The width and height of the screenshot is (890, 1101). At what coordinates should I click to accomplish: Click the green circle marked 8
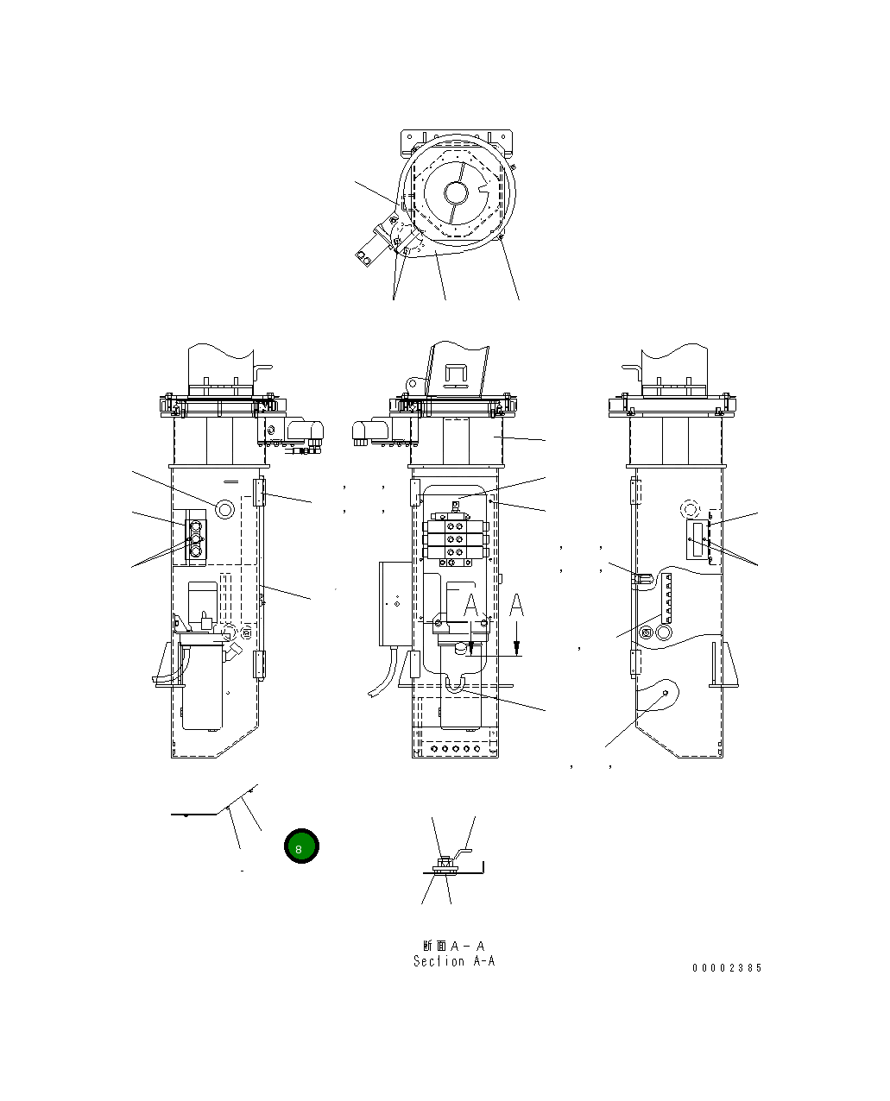click(x=301, y=847)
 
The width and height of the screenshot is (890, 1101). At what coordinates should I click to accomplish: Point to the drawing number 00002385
click(x=727, y=968)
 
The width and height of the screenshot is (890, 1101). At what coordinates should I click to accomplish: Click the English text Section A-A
click(x=454, y=961)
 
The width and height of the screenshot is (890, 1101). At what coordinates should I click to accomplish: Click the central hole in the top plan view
click(x=456, y=191)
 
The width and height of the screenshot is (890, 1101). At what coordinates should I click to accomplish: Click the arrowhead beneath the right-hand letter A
click(x=516, y=651)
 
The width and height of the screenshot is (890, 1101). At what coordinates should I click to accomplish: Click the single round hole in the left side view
click(x=224, y=509)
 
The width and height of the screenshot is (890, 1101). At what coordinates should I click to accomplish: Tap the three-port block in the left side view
click(x=195, y=541)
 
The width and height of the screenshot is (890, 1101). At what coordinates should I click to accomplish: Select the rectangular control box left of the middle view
click(x=395, y=603)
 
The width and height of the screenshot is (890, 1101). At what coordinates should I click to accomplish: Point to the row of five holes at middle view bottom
click(x=455, y=749)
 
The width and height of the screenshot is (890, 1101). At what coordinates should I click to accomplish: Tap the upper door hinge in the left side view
click(x=258, y=494)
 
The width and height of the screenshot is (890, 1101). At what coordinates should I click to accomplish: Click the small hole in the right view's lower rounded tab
click(x=665, y=693)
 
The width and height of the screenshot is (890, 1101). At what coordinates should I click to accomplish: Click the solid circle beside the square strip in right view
click(x=665, y=632)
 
